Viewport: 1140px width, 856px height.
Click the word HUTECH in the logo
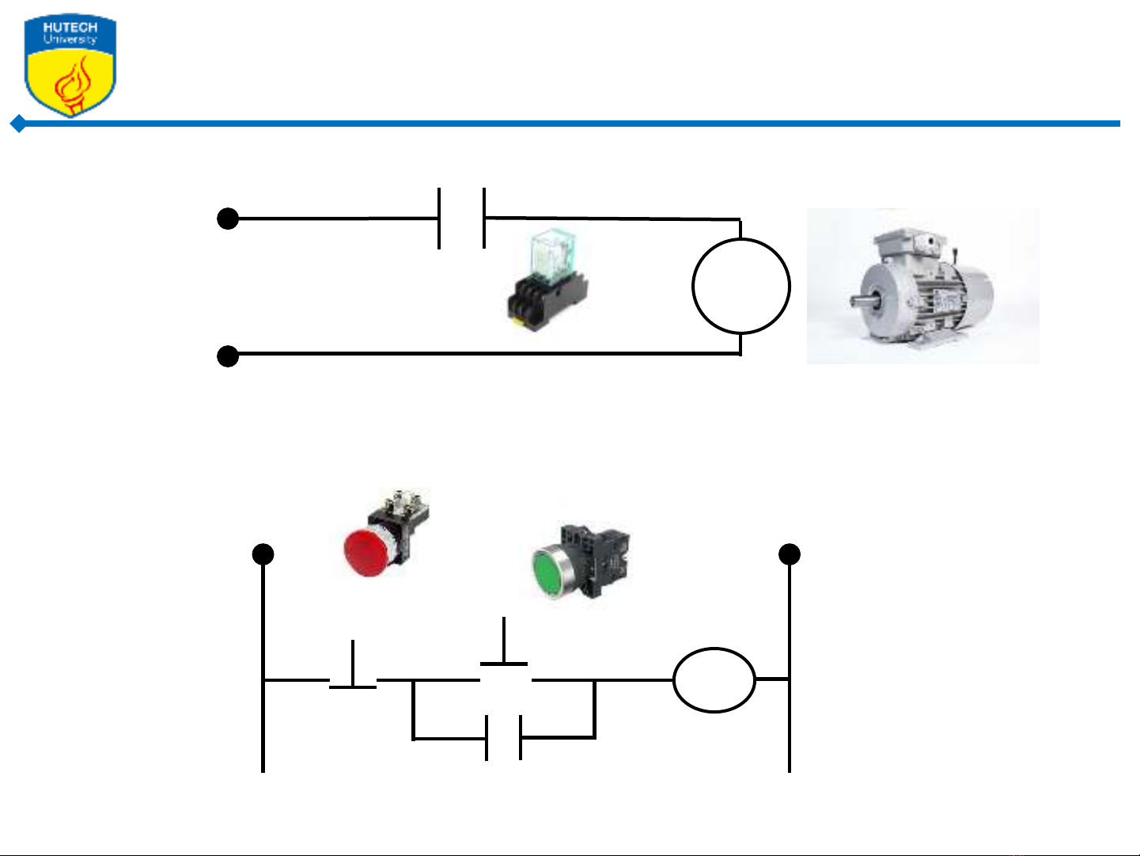click(x=70, y=27)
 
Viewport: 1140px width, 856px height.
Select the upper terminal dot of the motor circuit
click(x=228, y=219)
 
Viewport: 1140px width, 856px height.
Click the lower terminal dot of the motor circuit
click(x=228, y=356)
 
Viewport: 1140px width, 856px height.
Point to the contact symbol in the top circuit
click(x=461, y=218)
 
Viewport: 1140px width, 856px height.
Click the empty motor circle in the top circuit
click(x=741, y=286)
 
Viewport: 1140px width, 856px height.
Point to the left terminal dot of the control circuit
click(x=263, y=554)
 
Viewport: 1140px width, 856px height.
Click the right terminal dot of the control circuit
click(x=789, y=554)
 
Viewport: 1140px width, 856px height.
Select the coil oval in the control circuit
click(x=714, y=680)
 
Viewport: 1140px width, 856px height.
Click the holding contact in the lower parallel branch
click(x=504, y=738)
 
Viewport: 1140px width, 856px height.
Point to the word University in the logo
click(x=70, y=40)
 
